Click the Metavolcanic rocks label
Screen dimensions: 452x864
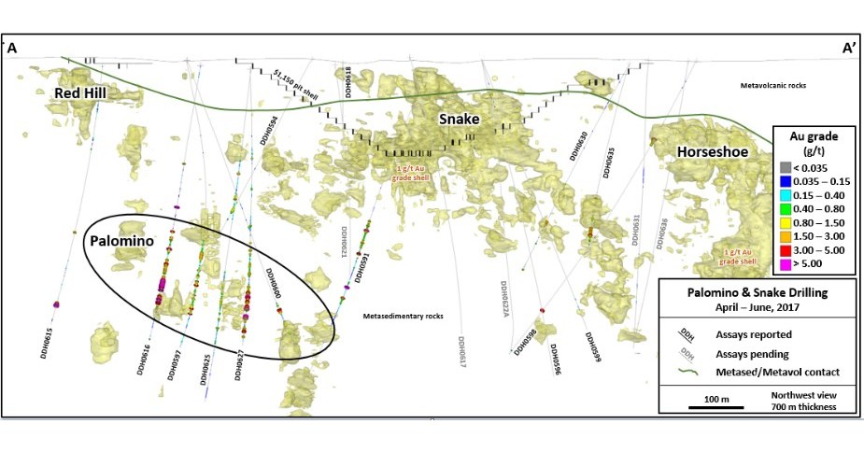772,85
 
